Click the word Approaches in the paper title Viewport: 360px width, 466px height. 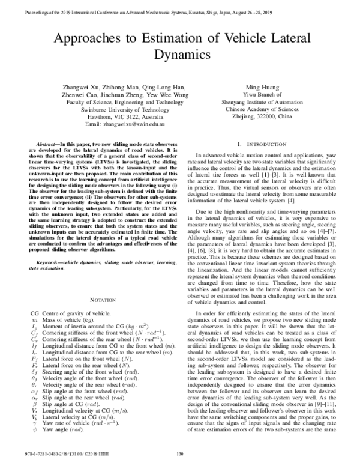pyautogui.click(x=82, y=40)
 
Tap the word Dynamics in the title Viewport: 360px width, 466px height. pyautogui.click(x=179, y=58)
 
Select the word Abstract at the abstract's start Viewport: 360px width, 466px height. pyautogui.click(x=50, y=146)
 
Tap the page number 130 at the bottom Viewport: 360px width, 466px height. pyautogui.click(x=179, y=461)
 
